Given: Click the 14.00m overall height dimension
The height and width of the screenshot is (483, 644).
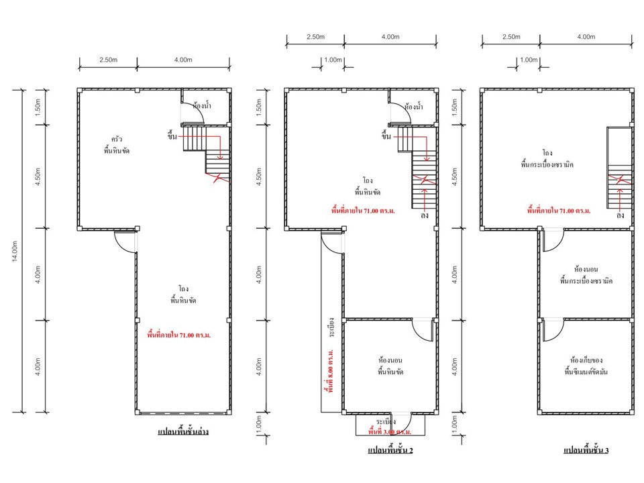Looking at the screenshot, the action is (15, 251).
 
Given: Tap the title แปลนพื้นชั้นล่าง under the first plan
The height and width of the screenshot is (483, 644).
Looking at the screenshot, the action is (183, 431).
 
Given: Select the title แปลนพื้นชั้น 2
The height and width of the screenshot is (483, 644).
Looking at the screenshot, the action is (390, 450).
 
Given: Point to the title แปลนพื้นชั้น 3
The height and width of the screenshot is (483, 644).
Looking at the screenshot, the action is (586, 450).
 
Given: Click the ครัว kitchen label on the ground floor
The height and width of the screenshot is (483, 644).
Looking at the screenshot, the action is (117, 139).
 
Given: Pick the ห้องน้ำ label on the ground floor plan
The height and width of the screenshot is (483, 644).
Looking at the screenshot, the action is (202, 106).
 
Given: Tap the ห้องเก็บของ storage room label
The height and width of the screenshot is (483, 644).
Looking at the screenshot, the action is (586, 360).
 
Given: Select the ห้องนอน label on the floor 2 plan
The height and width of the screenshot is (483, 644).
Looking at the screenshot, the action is (390, 360).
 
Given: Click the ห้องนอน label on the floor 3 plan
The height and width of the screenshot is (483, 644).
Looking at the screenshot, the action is (586, 270).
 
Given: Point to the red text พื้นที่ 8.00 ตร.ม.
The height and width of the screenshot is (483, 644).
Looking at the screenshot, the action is (331, 371).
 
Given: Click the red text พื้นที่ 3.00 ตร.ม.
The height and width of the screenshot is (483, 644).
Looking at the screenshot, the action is (390, 431).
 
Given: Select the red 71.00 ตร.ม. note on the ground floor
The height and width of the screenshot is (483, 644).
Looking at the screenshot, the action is (179, 335).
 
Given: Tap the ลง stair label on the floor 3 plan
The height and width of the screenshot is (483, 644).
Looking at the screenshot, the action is (620, 215).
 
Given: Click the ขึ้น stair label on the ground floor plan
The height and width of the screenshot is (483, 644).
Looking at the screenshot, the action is (172, 135).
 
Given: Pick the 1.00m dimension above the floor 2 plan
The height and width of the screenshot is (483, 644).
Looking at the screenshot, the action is (333, 60).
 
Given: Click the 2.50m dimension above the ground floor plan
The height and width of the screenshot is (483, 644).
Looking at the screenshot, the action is (109, 60).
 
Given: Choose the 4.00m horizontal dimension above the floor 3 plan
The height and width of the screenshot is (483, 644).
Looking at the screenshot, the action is (586, 37).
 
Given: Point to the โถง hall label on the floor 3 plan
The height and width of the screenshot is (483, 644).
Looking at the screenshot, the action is (547, 153).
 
